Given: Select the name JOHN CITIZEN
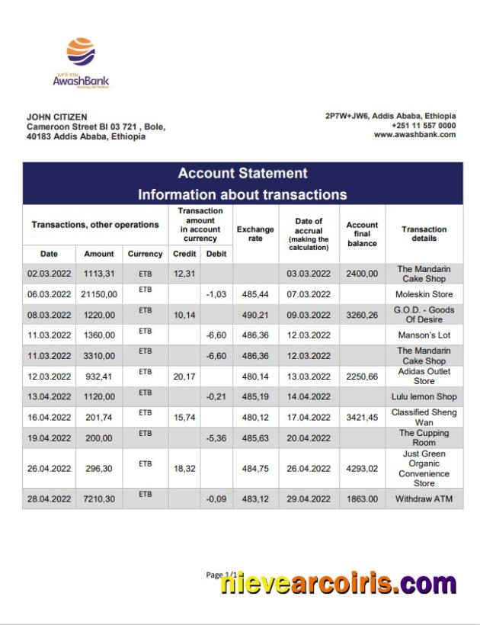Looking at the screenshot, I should [x=56, y=117].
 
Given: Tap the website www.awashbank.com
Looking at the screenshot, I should [x=414, y=135].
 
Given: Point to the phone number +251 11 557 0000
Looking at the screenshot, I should [x=424, y=126].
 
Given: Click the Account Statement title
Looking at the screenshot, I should [x=242, y=174].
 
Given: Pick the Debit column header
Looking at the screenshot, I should [x=216, y=254].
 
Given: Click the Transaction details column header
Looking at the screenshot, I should [x=424, y=233].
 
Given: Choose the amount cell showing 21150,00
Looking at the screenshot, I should [x=99, y=294].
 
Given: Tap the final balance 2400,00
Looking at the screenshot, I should [x=362, y=274].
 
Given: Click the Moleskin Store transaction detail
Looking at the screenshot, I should [x=424, y=294].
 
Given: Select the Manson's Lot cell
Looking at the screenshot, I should [x=424, y=335].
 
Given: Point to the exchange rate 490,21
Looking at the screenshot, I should [x=255, y=315].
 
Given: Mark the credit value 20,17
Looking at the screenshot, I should [x=184, y=377].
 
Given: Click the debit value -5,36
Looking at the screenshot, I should [x=216, y=438].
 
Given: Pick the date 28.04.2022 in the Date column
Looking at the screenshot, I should [x=49, y=499].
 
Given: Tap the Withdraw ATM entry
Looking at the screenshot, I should [x=424, y=499].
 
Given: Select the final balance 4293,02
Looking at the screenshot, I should [x=362, y=469].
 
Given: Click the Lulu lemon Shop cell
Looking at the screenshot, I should [x=424, y=397].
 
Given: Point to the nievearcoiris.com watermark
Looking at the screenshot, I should [x=338, y=585].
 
